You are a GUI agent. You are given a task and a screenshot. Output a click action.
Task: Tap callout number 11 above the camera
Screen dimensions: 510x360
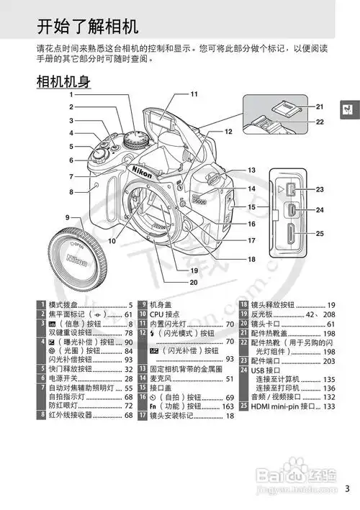pos(194,94)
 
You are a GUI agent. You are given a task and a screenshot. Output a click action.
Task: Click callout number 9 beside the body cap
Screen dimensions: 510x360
pos(66,217)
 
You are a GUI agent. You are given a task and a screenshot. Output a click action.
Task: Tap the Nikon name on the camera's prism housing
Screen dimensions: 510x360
pos(143,167)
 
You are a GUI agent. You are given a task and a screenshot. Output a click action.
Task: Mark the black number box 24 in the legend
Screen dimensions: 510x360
pos(244,370)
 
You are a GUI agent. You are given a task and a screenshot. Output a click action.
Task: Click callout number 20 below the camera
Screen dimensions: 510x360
pos(194,282)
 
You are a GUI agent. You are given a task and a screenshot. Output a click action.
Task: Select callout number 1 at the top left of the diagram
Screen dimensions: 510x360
pos(72,94)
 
